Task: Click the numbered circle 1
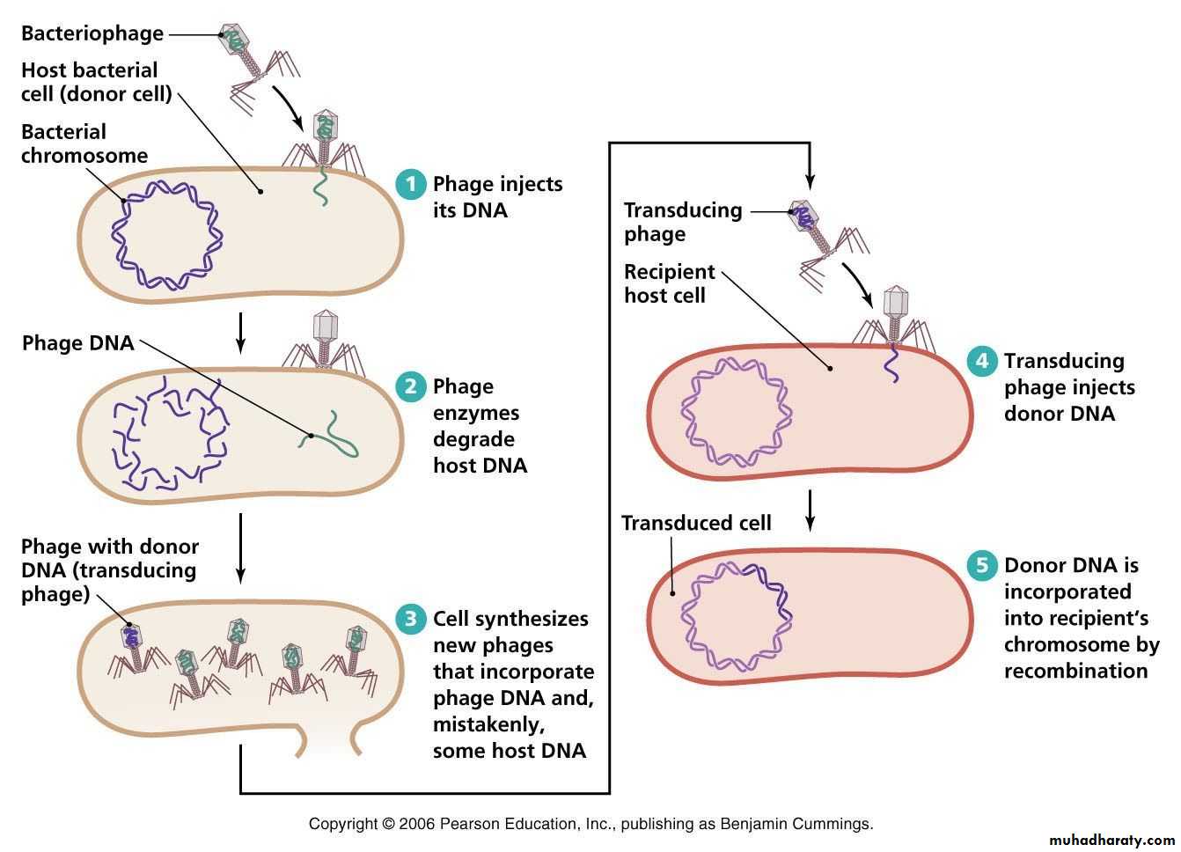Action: [410, 184]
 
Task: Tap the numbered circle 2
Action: [410, 386]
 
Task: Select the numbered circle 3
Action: [410, 619]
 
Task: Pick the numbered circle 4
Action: [981, 361]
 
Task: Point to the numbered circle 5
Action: [981, 565]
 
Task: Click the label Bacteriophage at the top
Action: [92, 33]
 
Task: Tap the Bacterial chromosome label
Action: [84, 143]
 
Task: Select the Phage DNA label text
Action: [77, 342]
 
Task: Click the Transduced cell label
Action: [695, 523]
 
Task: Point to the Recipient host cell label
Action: [669, 283]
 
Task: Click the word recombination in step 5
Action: [1075, 671]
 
